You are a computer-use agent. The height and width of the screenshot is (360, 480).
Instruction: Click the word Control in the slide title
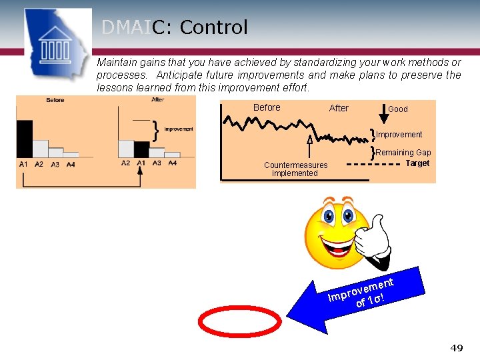(213, 27)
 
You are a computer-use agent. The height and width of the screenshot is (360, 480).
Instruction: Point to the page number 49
(457, 348)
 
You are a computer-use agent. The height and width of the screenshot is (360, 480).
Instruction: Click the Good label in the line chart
(398, 109)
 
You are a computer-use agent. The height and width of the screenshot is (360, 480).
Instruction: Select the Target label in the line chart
(417, 163)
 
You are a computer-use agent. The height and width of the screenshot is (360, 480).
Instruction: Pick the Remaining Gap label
(403, 153)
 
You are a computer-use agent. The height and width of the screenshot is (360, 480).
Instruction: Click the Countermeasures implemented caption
(295, 169)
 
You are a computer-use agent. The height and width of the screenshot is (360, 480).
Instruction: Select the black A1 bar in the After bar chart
(141, 149)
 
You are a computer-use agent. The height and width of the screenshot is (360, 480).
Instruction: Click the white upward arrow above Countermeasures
(309, 140)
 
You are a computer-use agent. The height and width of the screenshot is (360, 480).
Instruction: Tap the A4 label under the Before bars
(71, 165)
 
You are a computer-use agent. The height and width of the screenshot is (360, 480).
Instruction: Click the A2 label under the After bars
(125, 163)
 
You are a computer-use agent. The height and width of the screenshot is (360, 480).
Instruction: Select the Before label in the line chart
(267, 108)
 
